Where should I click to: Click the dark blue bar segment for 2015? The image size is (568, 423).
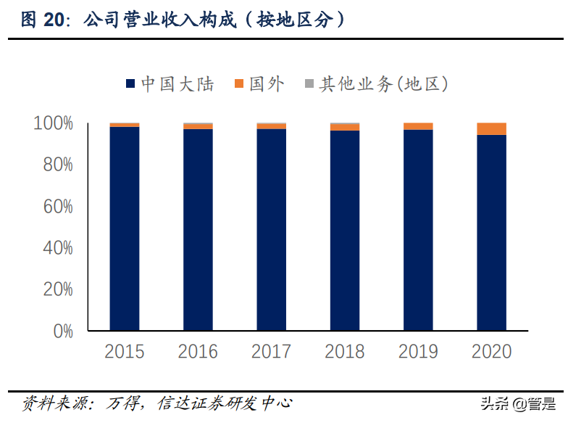pyautogui.click(x=124, y=229)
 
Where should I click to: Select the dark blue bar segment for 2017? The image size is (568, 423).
pyautogui.click(x=271, y=229)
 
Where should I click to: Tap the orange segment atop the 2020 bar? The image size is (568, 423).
pyautogui.click(x=491, y=129)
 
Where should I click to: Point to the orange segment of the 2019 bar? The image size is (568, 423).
pyautogui.click(x=418, y=126)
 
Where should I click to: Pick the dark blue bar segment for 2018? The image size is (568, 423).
pyautogui.click(x=345, y=230)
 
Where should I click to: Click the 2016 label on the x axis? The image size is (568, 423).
pyautogui.click(x=198, y=352)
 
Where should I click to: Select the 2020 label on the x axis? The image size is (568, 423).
pyautogui.click(x=491, y=352)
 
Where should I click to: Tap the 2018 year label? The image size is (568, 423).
pyautogui.click(x=345, y=352)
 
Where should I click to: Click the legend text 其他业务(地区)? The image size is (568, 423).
pyautogui.click(x=384, y=84)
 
